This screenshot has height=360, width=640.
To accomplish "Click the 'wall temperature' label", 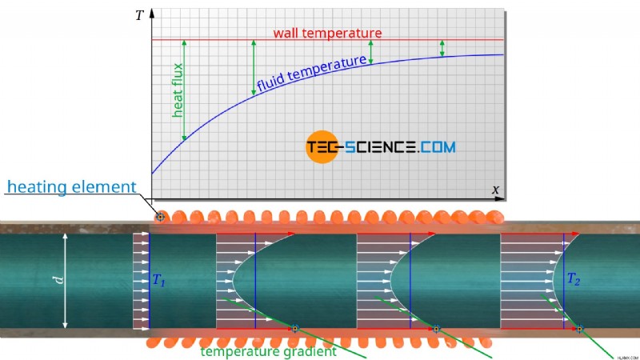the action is point(327,33).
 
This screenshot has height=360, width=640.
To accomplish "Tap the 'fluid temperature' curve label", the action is point(311,74).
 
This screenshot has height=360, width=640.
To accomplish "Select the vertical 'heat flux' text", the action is point(178,90).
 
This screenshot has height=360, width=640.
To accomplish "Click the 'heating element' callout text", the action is point(71,187).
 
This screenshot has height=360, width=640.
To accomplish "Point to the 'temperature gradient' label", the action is point(268,351).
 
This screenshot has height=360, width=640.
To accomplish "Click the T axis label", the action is point(139,15).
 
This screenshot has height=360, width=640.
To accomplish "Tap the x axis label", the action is point(495,190).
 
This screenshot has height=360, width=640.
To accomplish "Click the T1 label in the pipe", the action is point(158,280).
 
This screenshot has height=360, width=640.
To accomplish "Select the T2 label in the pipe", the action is point(573,279).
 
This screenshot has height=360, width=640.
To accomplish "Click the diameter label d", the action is point(59,279).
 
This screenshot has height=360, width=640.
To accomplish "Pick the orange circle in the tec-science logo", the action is point(322,147).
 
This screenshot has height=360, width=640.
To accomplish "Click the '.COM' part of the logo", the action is point(437,147).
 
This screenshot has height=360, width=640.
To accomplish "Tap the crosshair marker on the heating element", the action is point(161,217).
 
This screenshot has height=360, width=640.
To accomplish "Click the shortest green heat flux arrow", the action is point(442,48).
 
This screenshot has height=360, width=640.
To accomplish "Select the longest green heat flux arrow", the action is point(184,90).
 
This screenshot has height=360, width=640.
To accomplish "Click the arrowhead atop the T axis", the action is point(152,13).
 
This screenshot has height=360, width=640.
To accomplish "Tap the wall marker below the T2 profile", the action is point(579,328).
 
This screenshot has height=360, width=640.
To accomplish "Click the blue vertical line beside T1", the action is point(150,281).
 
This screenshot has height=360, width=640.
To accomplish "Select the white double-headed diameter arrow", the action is point(65,281).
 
